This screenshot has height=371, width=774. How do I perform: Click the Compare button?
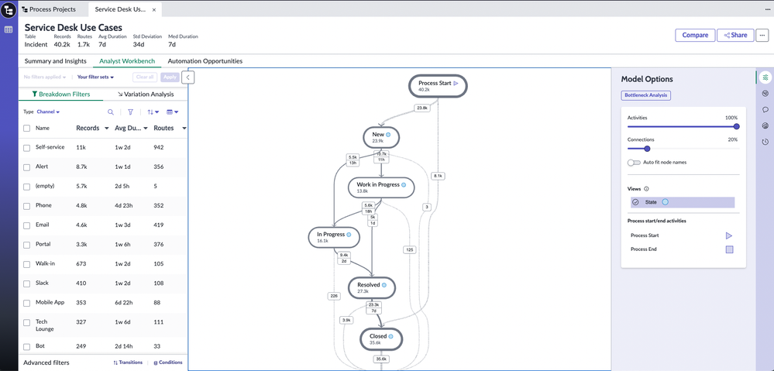(695, 35)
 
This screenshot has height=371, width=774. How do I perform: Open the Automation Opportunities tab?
(205, 61)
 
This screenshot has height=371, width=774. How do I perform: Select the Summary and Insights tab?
(56, 61)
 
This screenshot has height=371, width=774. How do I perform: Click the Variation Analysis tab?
(146, 94)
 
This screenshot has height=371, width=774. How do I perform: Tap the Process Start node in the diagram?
(438, 86)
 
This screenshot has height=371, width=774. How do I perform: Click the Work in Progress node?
(380, 187)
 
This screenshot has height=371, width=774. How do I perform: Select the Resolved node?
(371, 287)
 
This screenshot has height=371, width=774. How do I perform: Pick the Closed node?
(380, 338)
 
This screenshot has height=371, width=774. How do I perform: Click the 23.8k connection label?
(422, 108)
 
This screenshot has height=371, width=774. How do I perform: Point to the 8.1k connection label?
(438, 176)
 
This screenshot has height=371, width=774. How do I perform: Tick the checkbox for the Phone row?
(27, 206)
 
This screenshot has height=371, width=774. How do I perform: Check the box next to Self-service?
(27, 147)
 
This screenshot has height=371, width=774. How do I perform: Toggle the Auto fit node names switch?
(635, 163)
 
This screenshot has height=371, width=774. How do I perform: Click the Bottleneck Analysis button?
(645, 95)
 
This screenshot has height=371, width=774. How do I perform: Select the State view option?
(651, 202)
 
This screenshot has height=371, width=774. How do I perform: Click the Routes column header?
(163, 128)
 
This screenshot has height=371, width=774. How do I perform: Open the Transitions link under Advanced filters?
(128, 362)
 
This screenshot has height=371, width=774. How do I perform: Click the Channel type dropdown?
(48, 112)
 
